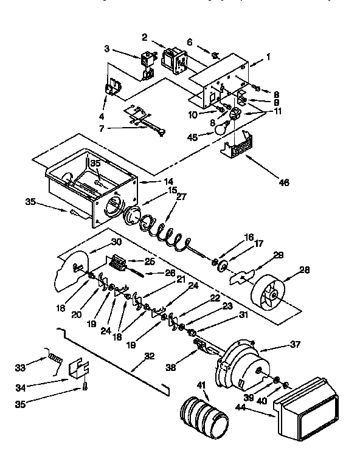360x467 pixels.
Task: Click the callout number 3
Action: pyautogui.click(x=106, y=47)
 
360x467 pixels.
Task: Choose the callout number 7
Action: pyautogui.click(x=102, y=128)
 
